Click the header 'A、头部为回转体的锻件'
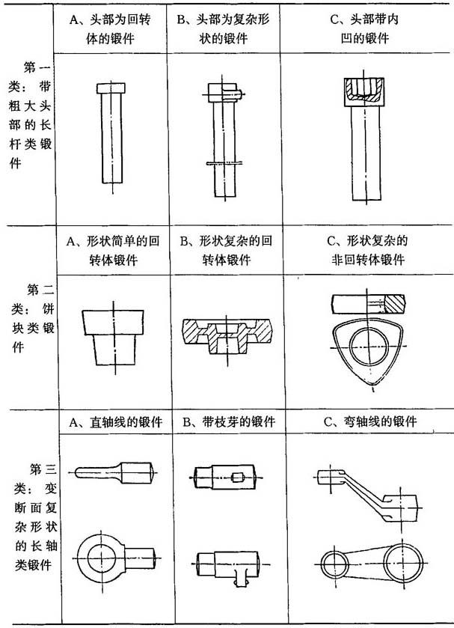pos(110,29)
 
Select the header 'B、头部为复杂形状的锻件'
pos(224,29)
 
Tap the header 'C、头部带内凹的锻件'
pos(365,29)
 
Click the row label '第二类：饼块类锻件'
pos(33,317)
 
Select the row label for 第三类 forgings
pos(35,516)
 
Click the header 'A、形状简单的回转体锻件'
pos(113,250)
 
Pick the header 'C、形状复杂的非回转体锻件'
pos(367,250)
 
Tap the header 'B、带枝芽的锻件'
pos(229,421)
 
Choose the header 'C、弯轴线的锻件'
pos(370,421)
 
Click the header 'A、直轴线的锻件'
pos(116,421)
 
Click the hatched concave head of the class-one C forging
pos(364,92)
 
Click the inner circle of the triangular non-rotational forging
pos(369,346)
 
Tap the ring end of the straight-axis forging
pos(102,558)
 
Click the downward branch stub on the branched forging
pos(240,578)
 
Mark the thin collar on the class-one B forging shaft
pos(224,163)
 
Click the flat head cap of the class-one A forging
pos(111,88)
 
